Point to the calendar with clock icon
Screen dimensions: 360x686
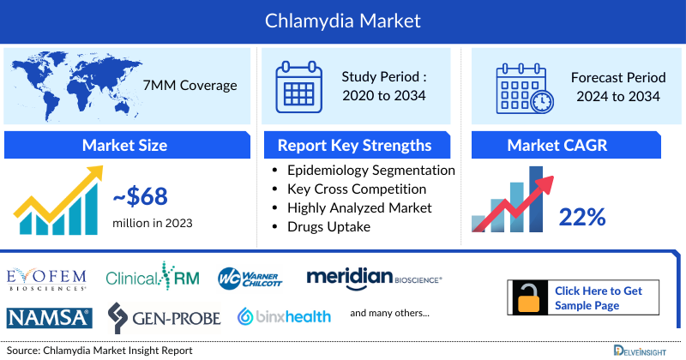(x=523, y=86)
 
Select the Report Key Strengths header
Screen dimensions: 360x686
(x=354, y=145)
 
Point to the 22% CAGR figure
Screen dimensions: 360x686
(x=584, y=217)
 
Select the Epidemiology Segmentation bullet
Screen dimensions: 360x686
(x=370, y=170)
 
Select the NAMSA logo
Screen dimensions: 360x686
(x=49, y=318)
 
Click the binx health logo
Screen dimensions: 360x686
(x=284, y=317)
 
